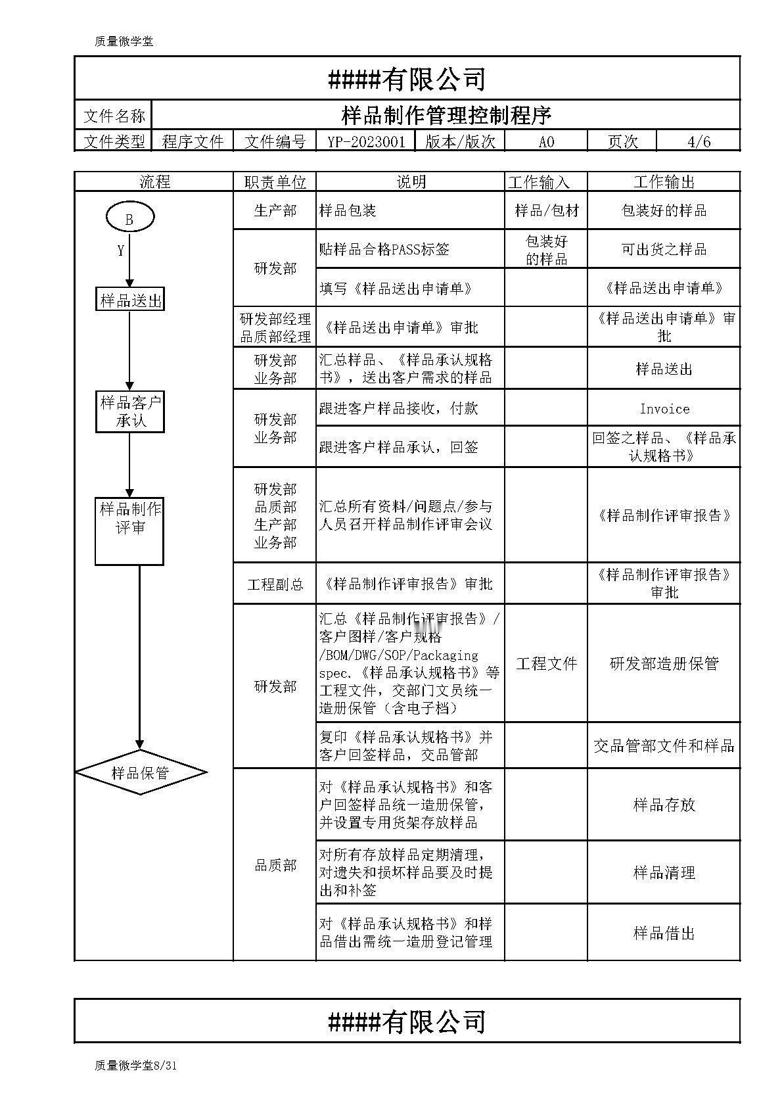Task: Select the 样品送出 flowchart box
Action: coord(130,300)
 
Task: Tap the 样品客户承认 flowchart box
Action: coord(130,412)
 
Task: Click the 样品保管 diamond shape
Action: coord(141,772)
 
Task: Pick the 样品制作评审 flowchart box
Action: coord(129,531)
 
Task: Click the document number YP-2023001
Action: coord(366,142)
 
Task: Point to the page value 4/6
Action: coord(699,142)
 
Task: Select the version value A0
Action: coord(546,142)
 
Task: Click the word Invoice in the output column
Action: coord(664,409)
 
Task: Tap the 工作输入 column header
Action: coord(540,182)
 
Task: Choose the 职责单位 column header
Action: coord(275,182)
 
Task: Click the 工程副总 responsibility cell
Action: coord(275,584)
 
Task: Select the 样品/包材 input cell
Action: coord(546,210)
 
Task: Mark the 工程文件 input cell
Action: coord(546,663)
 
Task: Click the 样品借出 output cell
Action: coord(664,933)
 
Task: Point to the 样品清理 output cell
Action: coord(664,872)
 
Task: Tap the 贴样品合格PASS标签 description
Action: coord(384,249)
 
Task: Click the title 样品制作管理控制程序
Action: coord(446,116)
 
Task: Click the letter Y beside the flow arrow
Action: coord(120,250)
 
